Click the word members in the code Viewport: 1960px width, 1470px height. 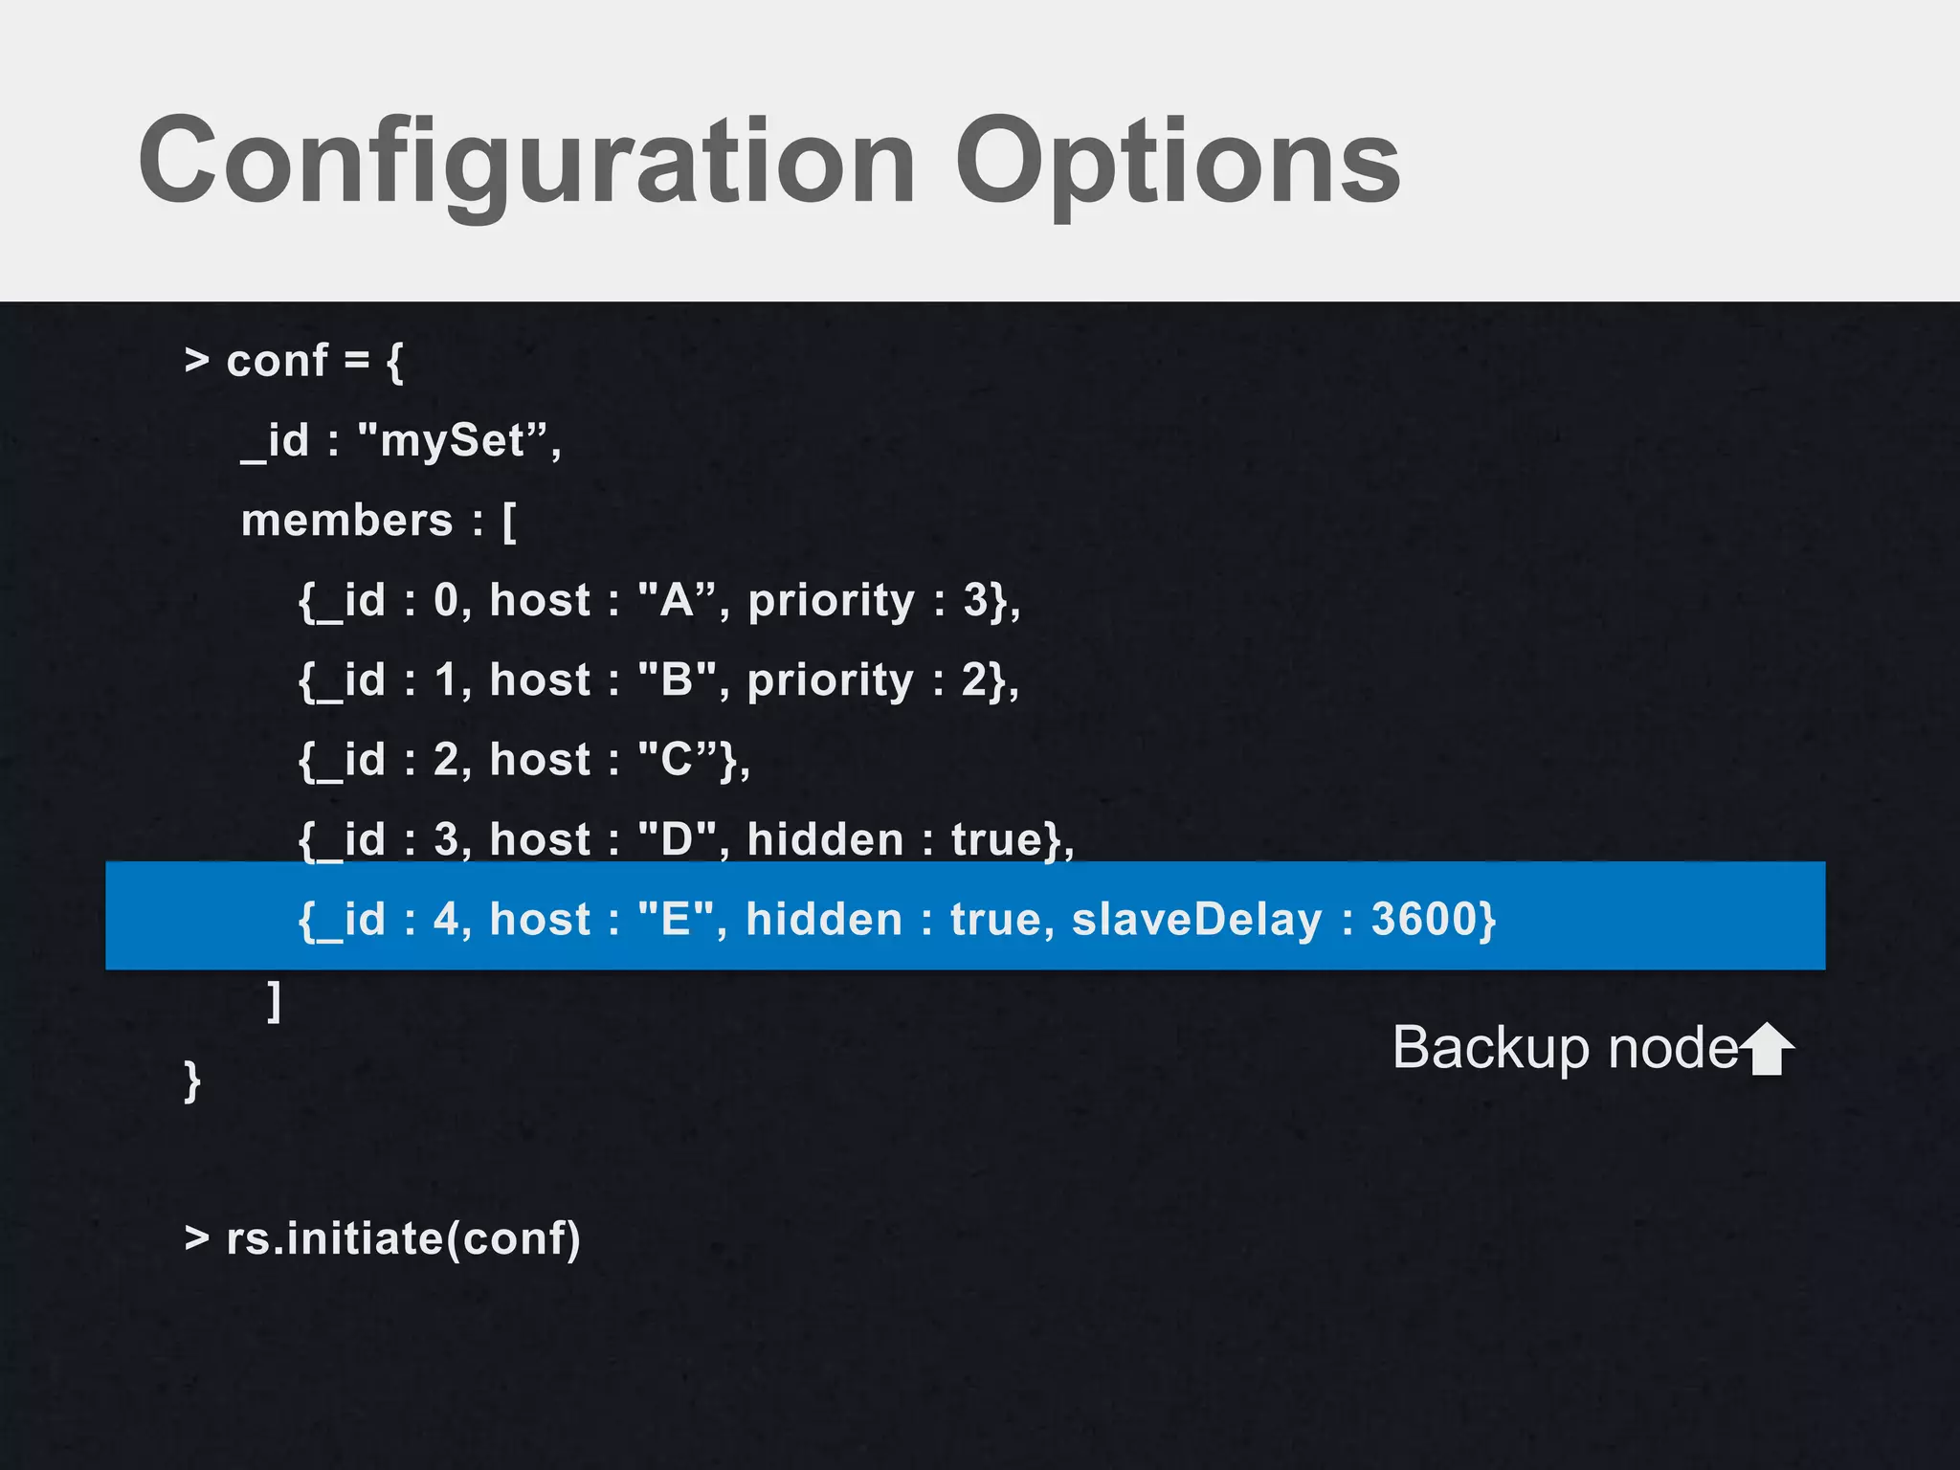coord(346,522)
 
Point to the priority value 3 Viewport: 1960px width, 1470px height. coord(975,601)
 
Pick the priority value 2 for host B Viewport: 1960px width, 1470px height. coord(974,680)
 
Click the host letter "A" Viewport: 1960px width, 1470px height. coord(677,601)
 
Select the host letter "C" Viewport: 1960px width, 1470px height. coord(677,760)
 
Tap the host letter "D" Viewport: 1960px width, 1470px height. coord(677,840)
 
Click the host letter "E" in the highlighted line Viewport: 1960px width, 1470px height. coord(676,920)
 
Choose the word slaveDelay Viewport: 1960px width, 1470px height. coord(1196,920)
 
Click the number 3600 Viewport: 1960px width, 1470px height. coord(1424,920)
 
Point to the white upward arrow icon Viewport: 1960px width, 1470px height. coord(1767,1049)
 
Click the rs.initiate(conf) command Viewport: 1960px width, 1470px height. coord(403,1239)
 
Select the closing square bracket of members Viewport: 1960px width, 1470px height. coord(275,1001)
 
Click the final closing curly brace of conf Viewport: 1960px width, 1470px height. coord(192,1080)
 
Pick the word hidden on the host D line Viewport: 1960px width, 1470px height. coord(825,840)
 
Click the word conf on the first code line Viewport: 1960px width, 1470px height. coord(277,362)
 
